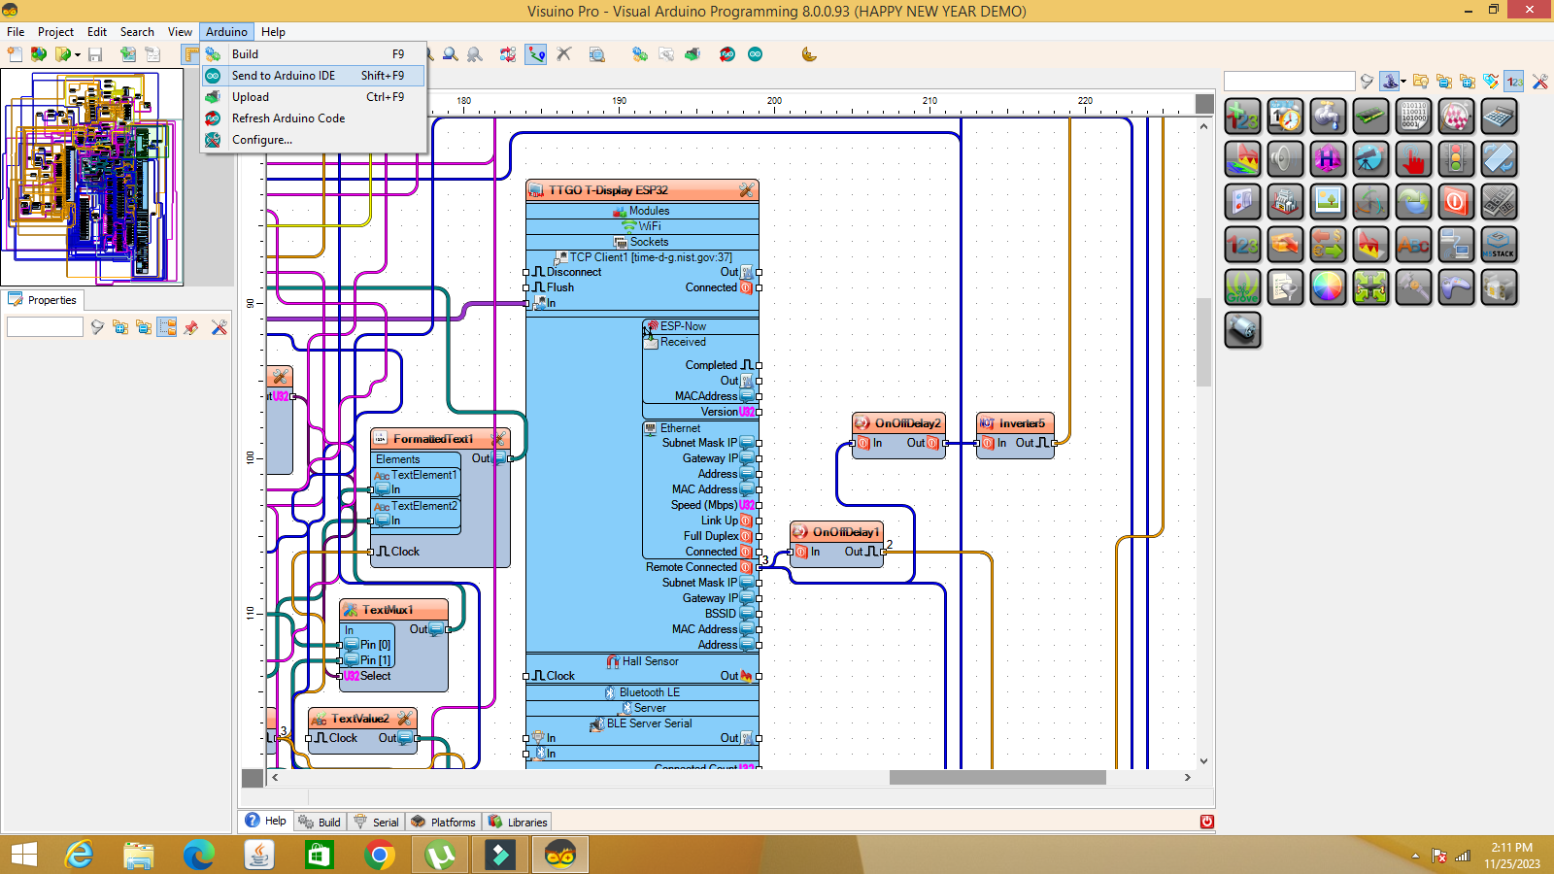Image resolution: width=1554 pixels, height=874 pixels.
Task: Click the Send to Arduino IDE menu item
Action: coord(284,76)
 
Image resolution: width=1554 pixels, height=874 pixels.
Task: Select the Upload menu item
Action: coord(251,97)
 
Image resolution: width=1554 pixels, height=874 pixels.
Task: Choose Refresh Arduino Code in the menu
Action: coord(288,118)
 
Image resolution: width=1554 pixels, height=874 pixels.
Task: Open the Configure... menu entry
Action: coord(262,140)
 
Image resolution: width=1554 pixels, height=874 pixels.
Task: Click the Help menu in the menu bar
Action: coord(273,32)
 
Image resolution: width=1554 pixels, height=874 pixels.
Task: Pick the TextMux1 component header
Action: coord(388,610)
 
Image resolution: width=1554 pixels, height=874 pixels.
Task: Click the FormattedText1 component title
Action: coord(433,439)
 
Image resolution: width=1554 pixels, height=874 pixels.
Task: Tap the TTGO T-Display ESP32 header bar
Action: coord(608,190)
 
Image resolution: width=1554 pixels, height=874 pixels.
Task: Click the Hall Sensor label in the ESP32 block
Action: coord(650,661)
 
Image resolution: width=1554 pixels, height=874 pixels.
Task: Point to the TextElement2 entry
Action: coord(423,506)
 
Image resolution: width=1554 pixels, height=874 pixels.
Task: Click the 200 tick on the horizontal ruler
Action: coord(774,102)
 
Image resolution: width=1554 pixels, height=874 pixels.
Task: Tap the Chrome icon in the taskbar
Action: coord(380,855)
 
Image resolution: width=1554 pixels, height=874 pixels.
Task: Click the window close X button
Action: coord(1530,10)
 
